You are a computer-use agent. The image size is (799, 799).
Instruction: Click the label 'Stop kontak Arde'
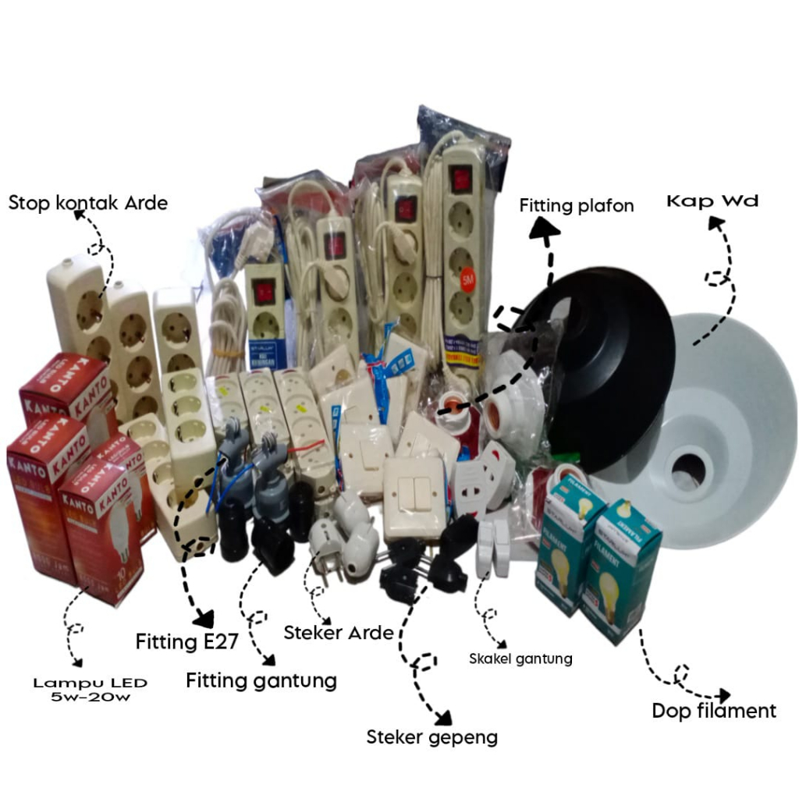tap(87, 203)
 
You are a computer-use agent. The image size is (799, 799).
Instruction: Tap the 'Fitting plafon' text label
tap(577, 206)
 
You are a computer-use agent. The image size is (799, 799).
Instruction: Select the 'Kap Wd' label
tap(712, 201)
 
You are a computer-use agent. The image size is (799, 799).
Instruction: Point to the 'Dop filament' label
tap(714, 711)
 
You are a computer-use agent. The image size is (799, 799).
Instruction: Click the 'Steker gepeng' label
tap(431, 737)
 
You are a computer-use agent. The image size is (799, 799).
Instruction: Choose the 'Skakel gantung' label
tap(520, 659)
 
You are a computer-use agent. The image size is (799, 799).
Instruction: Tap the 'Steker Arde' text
tap(338, 632)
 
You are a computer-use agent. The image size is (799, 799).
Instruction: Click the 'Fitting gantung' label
tap(261, 680)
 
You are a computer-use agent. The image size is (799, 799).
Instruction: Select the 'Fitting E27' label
tap(186, 642)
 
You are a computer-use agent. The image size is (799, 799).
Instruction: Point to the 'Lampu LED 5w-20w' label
tap(90, 690)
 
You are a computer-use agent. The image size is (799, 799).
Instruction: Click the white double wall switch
tap(414, 496)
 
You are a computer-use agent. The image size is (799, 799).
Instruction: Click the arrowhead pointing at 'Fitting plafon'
tap(545, 229)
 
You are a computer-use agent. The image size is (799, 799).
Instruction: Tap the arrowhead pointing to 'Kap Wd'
tap(715, 225)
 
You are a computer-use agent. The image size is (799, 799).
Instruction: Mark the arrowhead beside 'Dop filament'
tap(723, 694)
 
